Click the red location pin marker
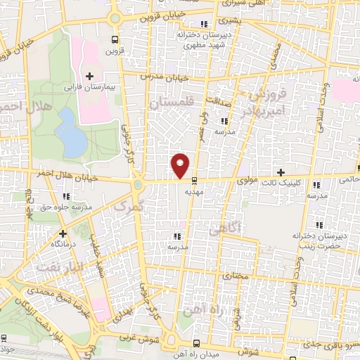(x=181, y=165)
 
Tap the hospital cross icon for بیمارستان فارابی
(x=89, y=75)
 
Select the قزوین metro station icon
(x=115, y=40)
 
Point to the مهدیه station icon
(x=194, y=180)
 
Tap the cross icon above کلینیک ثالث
(x=281, y=172)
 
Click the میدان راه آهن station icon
(x=195, y=343)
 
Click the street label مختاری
(x=236, y=276)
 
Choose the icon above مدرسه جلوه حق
(x=67, y=197)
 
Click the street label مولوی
(x=252, y=180)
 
